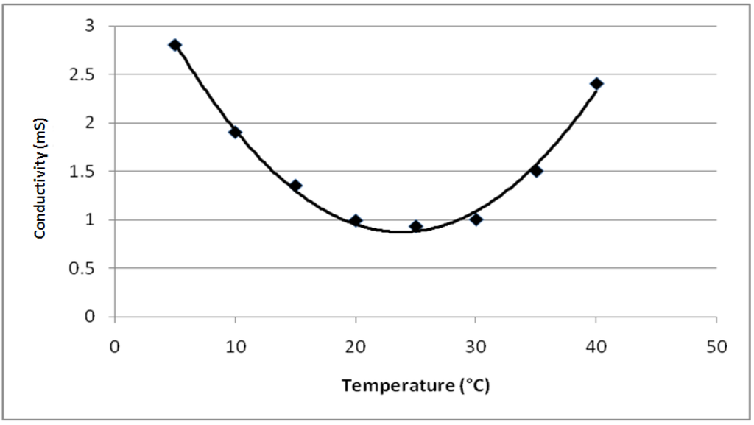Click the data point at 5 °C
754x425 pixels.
pyautogui.click(x=175, y=45)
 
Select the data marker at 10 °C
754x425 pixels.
pyautogui.click(x=235, y=132)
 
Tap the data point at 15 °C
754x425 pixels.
pyautogui.click(x=295, y=186)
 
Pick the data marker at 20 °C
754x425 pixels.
pyautogui.click(x=356, y=220)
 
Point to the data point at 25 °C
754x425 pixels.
pyautogui.click(x=416, y=226)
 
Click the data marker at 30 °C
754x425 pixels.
pyautogui.click(x=476, y=219)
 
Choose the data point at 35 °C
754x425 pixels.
pyautogui.click(x=536, y=170)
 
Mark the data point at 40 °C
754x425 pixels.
pyautogui.click(x=596, y=83)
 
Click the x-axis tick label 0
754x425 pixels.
pyautogui.click(x=115, y=346)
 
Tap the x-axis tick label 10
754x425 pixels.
pyautogui.click(x=235, y=346)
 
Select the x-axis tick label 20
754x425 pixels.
pyautogui.click(x=356, y=346)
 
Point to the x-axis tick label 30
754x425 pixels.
pyautogui.click(x=476, y=346)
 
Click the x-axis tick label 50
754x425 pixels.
pyautogui.click(x=716, y=346)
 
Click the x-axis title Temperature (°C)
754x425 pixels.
pyautogui.click(x=415, y=384)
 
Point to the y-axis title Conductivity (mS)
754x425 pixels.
pyautogui.click(x=40, y=178)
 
